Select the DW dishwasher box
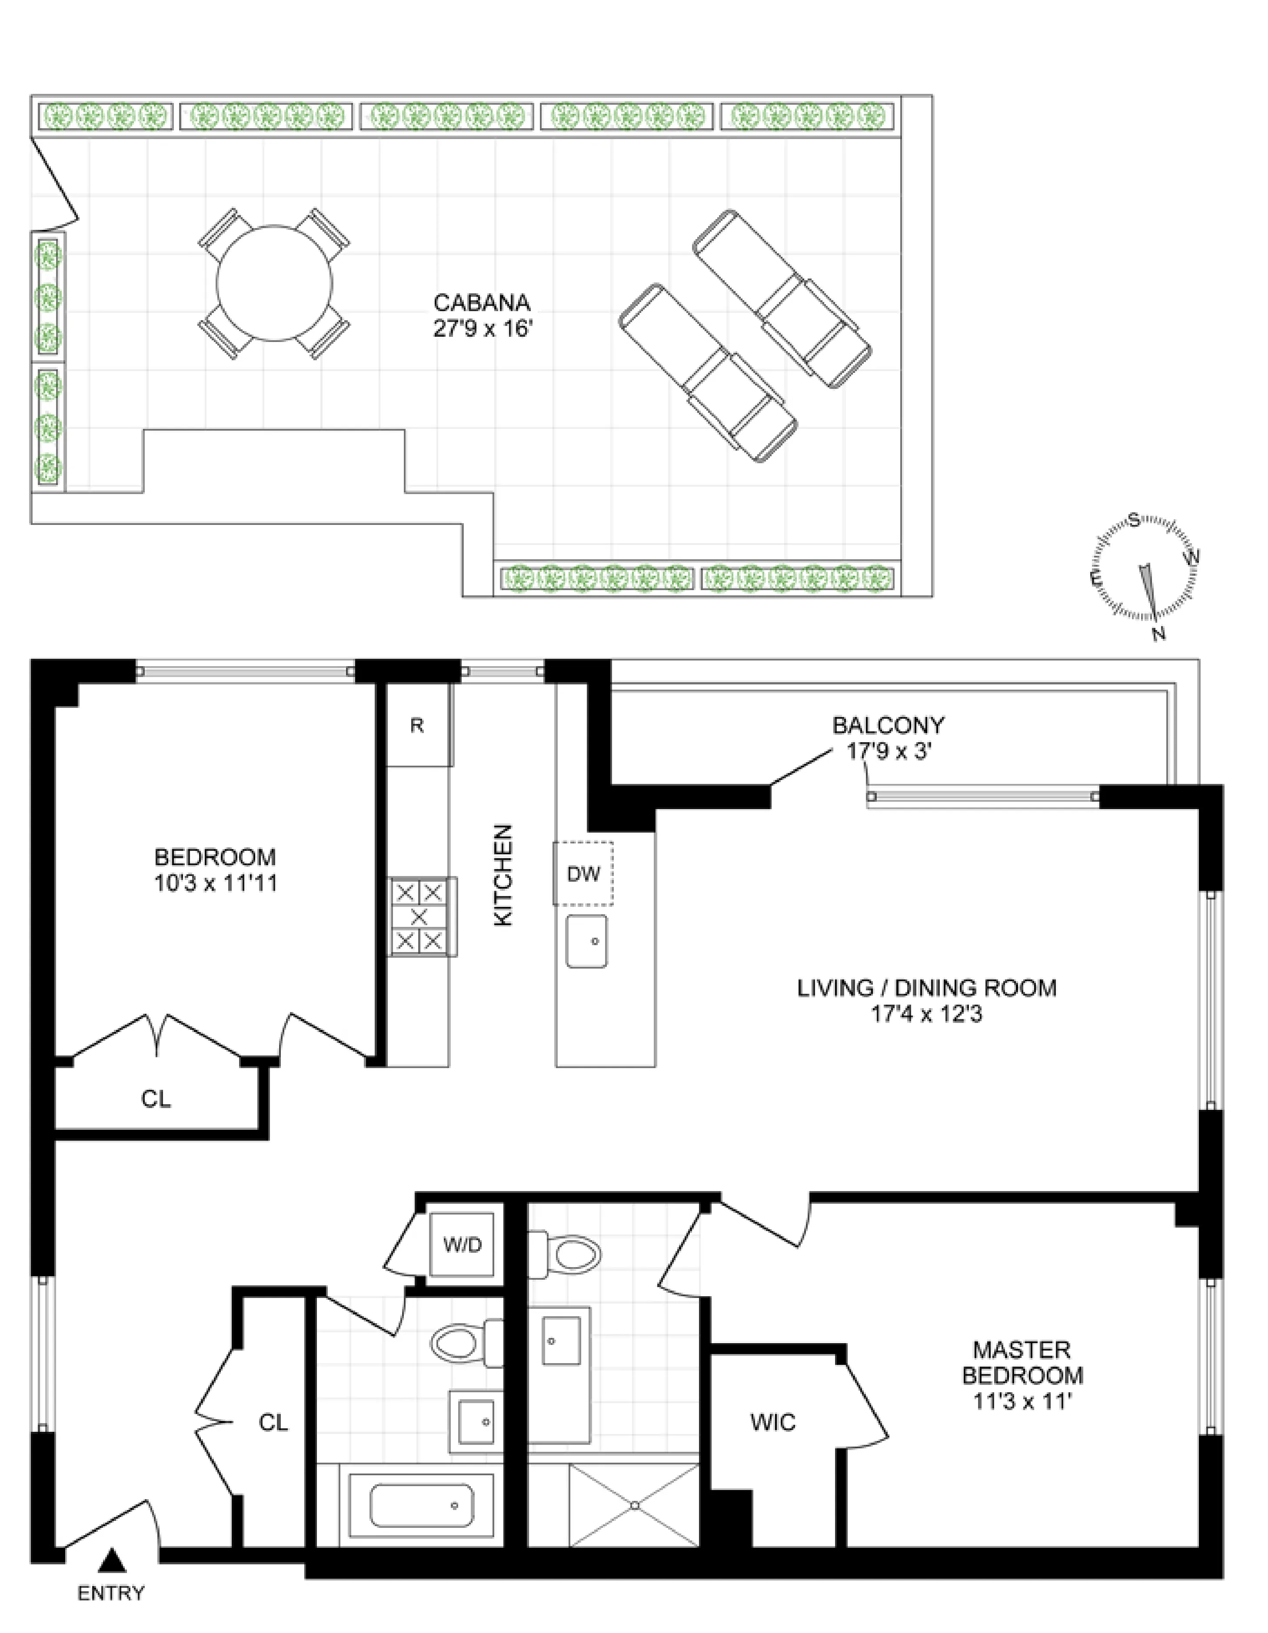coord(583,873)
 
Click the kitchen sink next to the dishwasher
coord(586,941)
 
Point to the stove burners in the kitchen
coord(419,917)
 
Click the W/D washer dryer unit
coord(463,1245)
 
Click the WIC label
coord(773,1422)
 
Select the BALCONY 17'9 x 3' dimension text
coord(888,751)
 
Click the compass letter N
coord(1159,634)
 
